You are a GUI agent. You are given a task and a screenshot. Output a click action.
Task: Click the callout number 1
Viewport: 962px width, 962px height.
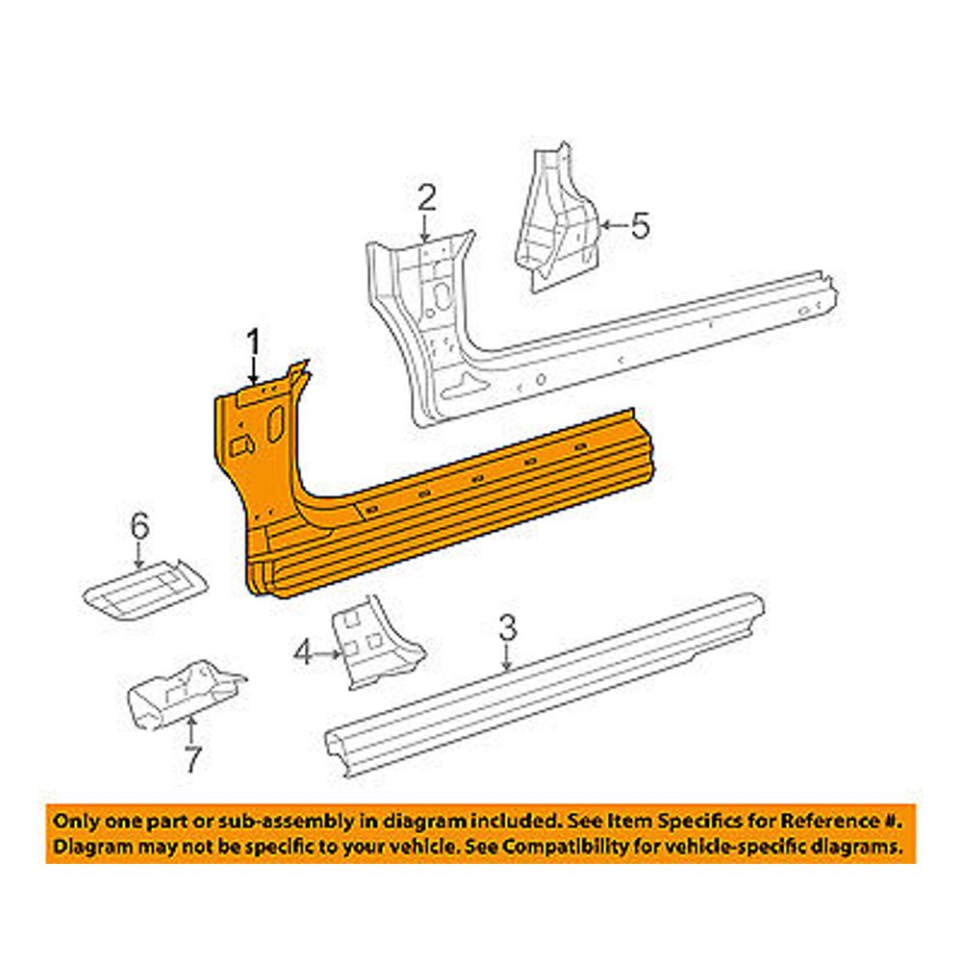point(253,342)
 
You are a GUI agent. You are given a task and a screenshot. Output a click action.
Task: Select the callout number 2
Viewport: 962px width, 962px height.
point(426,199)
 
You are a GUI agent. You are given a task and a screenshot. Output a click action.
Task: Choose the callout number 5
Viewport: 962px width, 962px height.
point(640,226)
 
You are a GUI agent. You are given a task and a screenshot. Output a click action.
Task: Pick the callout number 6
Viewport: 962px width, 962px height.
point(140,525)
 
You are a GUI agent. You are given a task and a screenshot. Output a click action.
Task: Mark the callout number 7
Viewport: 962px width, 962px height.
point(192,760)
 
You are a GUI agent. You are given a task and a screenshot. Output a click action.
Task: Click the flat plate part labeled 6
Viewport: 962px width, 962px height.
point(144,585)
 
